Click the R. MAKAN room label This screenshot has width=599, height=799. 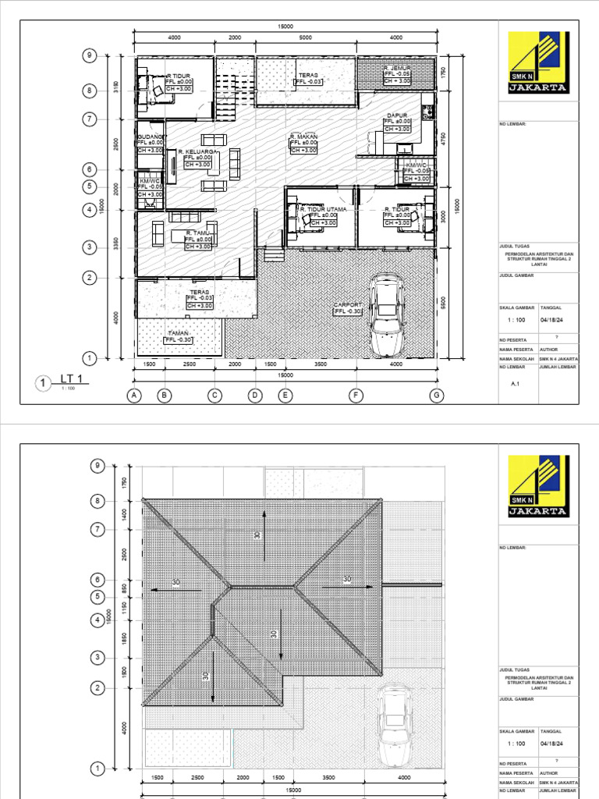pyautogui.click(x=303, y=136)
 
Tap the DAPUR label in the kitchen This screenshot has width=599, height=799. pyautogui.click(x=398, y=115)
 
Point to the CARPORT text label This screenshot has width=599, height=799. pyautogui.click(x=348, y=305)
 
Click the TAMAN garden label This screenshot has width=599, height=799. pyautogui.click(x=178, y=332)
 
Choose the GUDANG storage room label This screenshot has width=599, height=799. pyautogui.click(x=149, y=137)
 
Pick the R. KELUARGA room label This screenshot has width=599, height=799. pyautogui.click(x=197, y=151)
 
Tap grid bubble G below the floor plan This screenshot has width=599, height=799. pyautogui.click(x=437, y=396)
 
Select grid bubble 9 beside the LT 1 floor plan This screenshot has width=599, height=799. pyautogui.click(x=90, y=55)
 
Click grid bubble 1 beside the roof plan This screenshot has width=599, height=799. pyautogui.click(x=98, y=769)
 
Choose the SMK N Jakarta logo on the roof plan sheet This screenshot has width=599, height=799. pyautogui.click(x=537, y=488)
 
